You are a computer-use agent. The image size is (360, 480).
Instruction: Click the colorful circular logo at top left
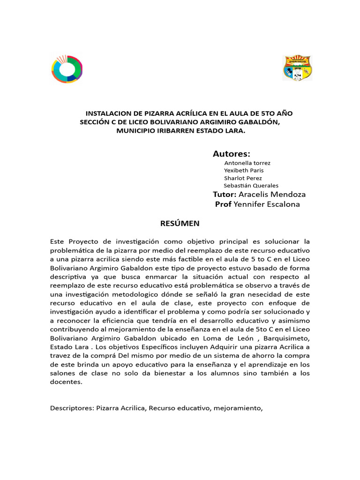(67, 69)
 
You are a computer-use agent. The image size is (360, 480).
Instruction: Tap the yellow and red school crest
(298, 68)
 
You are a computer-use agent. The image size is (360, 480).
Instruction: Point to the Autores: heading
(231, 154)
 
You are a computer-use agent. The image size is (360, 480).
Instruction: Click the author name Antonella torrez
(247, 163)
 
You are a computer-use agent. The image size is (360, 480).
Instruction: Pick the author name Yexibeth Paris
(244, 171)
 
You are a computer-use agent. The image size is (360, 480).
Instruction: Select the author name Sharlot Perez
(243, 178)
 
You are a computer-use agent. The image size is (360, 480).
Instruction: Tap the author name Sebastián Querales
(251, 186)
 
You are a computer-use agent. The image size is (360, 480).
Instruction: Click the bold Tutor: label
(225, 194)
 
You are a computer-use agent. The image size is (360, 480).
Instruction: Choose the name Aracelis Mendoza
(272, 194)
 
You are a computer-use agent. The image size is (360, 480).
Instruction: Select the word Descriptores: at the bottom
(72, 408)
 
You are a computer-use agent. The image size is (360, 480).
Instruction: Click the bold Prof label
(223, 204)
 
